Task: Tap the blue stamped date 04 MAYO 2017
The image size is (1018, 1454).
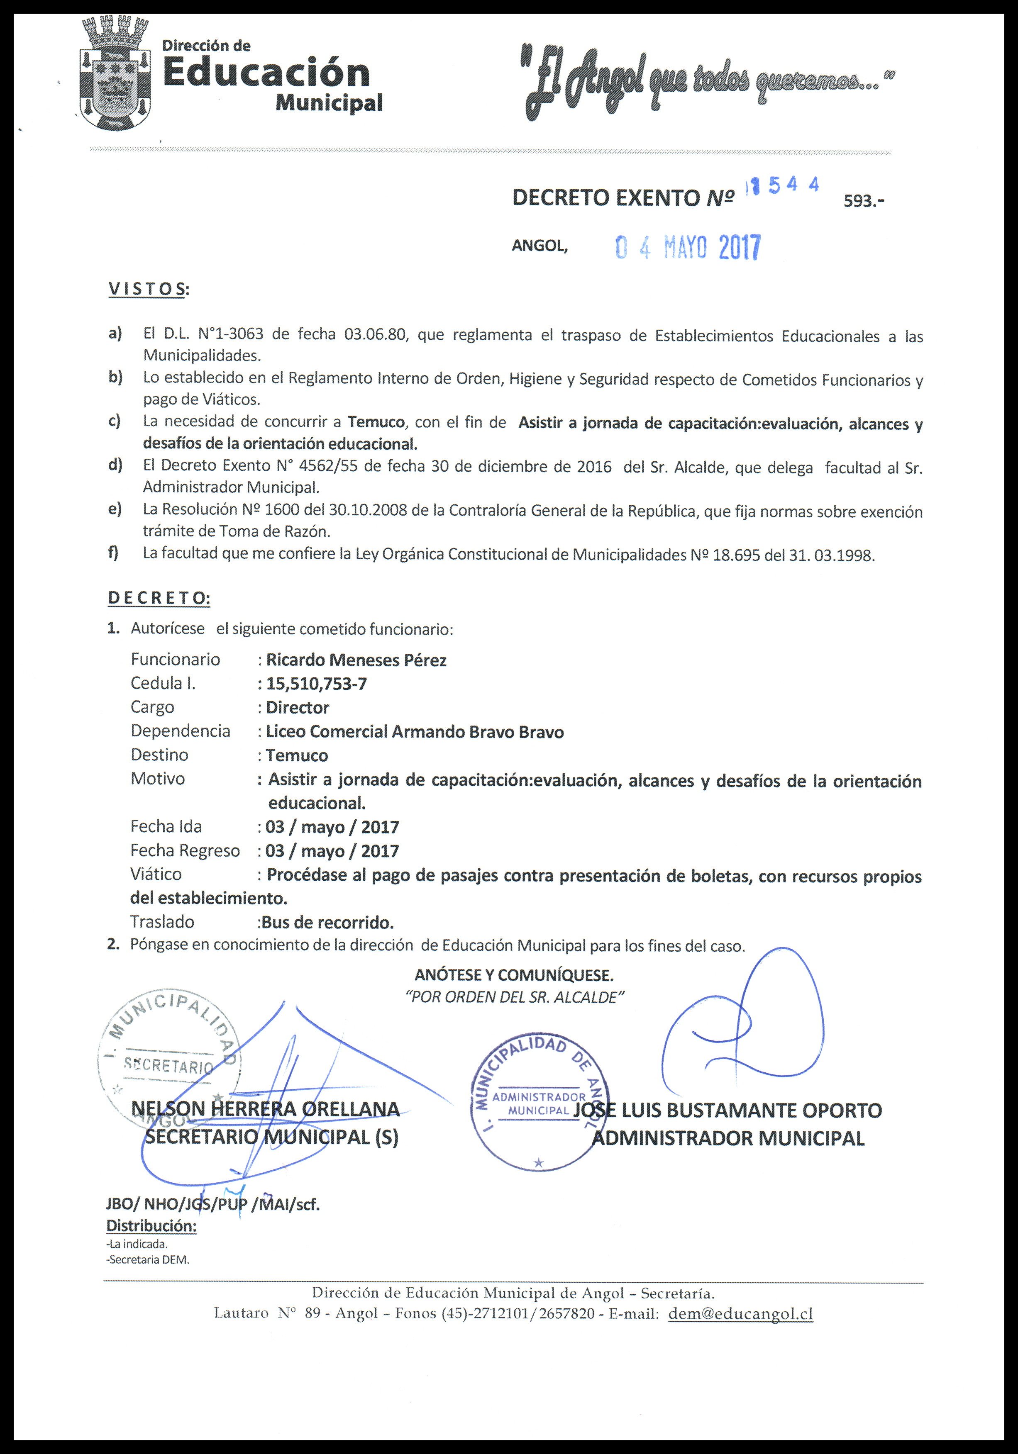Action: coord(687,248)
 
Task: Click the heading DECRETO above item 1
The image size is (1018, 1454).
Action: coord(159,597)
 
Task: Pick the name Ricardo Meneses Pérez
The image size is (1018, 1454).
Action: coord(356,660)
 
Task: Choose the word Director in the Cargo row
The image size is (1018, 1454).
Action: coord(297,707)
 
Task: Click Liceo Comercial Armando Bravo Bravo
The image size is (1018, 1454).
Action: coord(414,732)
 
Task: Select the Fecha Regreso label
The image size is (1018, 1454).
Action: coord(185,850)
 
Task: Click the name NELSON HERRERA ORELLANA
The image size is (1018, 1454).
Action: coord(266,1109)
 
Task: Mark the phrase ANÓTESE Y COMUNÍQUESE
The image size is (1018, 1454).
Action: coord(514,974)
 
